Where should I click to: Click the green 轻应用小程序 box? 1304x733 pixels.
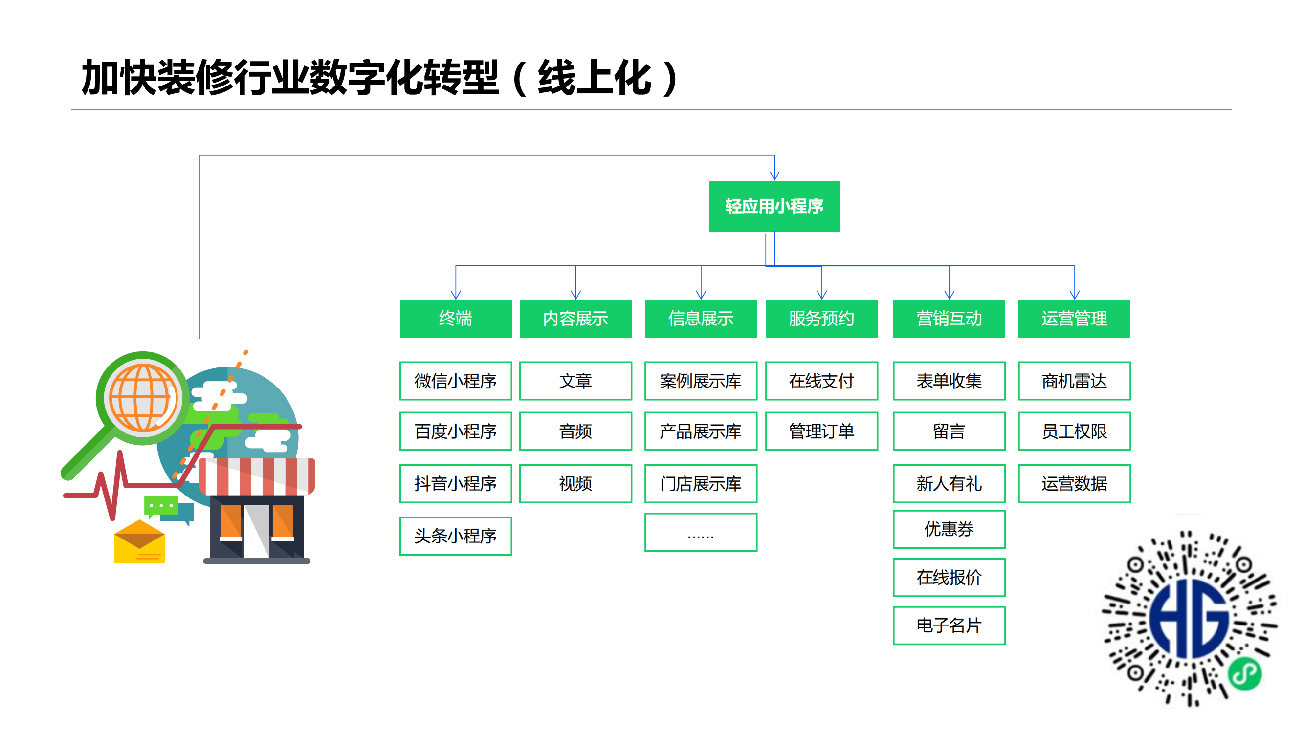[774, 206]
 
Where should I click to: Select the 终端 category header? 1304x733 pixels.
[455, 318]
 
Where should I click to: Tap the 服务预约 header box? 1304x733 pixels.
[821, 318]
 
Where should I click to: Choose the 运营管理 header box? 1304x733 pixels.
[1074, 318]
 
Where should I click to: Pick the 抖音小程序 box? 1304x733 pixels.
[455, 483]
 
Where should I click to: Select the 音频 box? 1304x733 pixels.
[575, 431]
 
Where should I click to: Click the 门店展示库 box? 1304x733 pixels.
[701, 483]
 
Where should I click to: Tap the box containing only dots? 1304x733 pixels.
[701, 532]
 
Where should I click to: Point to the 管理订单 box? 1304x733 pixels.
[821, 431]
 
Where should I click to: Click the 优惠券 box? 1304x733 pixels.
[949, 529]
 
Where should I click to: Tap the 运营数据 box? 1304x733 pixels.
[1074, 483]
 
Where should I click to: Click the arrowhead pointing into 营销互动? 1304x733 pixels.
[949, 294]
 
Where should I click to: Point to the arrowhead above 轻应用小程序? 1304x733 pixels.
[774, 175]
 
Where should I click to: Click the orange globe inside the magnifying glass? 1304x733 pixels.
[143, 398]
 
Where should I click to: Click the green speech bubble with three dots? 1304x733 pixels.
[161, 505]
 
